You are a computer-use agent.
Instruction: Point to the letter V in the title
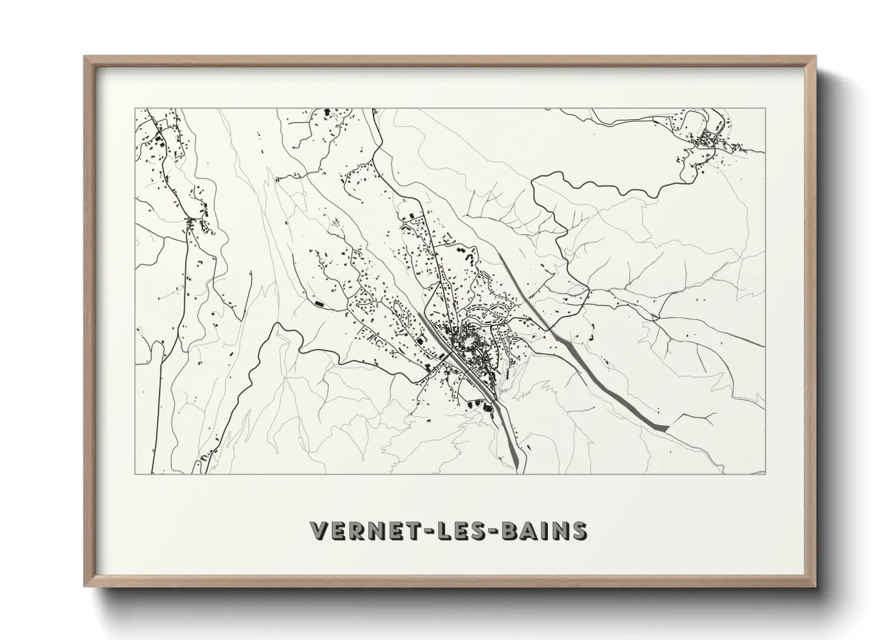(x=319, y=531)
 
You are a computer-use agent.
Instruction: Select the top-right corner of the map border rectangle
(x=765, y=109)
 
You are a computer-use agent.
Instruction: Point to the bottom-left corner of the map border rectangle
(x=135, y=474)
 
